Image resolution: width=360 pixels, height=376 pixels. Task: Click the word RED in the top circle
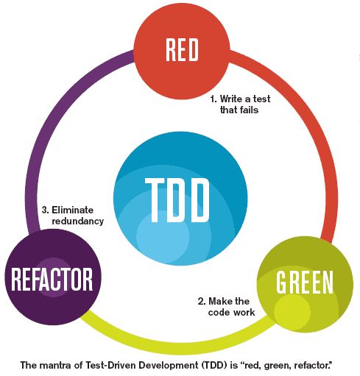[x=181, y=50]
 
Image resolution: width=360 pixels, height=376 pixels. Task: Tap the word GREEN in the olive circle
[x=305, y=282]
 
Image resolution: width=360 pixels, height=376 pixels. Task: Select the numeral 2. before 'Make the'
[x=202, y=301]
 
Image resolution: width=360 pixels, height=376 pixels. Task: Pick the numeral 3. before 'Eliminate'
[x=45, y=209]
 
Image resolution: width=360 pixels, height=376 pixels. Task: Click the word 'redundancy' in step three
[x=77, y=221]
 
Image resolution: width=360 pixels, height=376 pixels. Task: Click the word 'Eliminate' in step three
[x=80, y=209]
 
